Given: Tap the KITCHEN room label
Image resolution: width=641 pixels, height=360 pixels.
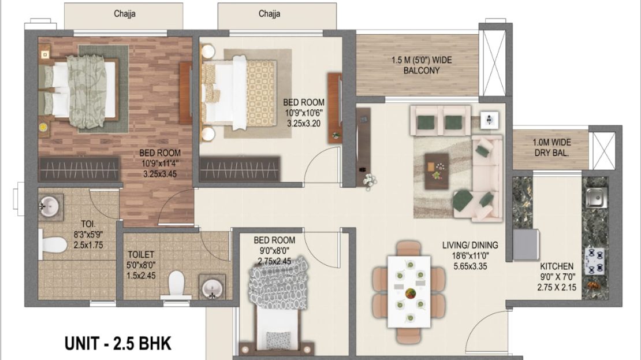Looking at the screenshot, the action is pyautogui.click(x=557, y=266).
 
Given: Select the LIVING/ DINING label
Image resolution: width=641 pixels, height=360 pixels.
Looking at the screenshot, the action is pyautogui.click(x=470, y=245).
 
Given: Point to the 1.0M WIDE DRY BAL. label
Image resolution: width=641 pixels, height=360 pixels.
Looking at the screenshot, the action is pyautogui.click(x=551, y=148).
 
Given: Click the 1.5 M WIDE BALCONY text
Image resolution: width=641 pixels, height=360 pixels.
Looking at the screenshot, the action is pyautogui.click(x=422, y=65).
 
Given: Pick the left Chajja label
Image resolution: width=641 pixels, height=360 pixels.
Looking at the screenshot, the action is pyautogui.click(x=125, y=14).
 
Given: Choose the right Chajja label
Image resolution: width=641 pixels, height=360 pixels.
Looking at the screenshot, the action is pyautogui.click(x=270, y=14).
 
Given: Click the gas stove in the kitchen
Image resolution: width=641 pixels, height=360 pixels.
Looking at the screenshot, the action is pyautogui.click(x=595, y=261).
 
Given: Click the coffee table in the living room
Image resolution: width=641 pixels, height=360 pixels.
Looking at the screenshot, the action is pyautogui.click(x=437, y=171).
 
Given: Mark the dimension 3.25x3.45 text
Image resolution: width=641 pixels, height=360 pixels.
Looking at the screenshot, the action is pyautogui.click(x=160, y=174).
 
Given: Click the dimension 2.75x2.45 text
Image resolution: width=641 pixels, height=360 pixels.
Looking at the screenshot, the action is pyautogui.click(x=274, y=261).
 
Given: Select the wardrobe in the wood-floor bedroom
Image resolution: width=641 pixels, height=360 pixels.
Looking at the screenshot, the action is pyautogui.click(x=79, y=169).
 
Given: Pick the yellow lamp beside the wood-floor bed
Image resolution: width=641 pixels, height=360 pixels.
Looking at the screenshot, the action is pyautogui.click(x=43, y=127).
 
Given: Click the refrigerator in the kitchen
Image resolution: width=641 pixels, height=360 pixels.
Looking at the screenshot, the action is pyautogui.click(x=526, y=244).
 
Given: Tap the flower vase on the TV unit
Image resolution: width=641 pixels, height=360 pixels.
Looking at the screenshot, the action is pyautogui.click(x=369, y=181).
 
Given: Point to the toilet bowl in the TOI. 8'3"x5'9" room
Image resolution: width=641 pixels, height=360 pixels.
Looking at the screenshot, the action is pyautogui.click(x=53, y=245).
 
